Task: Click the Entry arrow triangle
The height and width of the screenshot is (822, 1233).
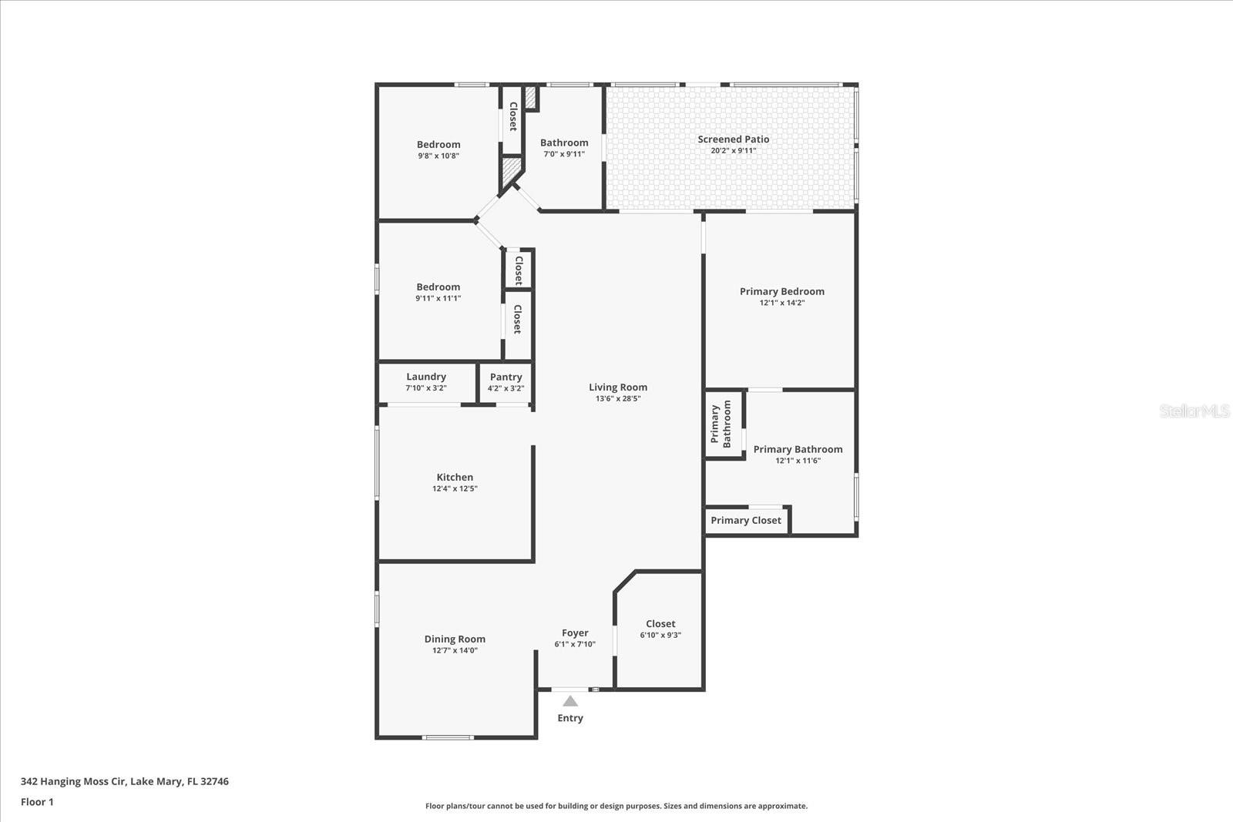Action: [x=570, y=701]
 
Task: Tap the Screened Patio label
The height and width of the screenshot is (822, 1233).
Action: [x=733, y=139]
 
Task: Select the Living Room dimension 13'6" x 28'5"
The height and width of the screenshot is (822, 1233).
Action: [x=618, y=399]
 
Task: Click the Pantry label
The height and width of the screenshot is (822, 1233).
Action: [x=506, y=377]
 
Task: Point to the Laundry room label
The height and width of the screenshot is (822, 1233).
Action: [x=426, y=377]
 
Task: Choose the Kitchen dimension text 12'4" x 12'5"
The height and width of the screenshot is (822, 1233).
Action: [x=455, y=488]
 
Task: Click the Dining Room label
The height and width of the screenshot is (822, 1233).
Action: [x=455, y=639]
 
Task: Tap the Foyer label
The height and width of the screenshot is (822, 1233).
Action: [x=575, y=632]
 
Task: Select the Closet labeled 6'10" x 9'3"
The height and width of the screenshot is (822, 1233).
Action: [x=660, y=624]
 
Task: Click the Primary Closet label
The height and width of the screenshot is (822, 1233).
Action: [x=745, y=520]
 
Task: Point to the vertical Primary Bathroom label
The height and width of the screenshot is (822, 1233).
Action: [x=721, y=424]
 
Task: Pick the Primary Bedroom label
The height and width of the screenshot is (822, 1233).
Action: [x=781, y=291]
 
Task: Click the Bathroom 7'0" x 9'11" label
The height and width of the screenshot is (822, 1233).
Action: [x=564, y=143]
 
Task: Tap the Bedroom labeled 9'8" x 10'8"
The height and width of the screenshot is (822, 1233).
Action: [x=438, y=144]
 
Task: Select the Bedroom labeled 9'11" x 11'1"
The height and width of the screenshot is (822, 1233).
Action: [x=438, y=287]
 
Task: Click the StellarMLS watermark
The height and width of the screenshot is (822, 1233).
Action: [x=1194, y=411]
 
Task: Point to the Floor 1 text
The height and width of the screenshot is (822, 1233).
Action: [x=37, y=802]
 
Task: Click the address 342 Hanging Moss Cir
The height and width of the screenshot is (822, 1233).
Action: [x=124, y=781]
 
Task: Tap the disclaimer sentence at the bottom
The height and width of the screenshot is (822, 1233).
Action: [x=616, y=806]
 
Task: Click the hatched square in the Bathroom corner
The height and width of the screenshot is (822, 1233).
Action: [x=530, y=97]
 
